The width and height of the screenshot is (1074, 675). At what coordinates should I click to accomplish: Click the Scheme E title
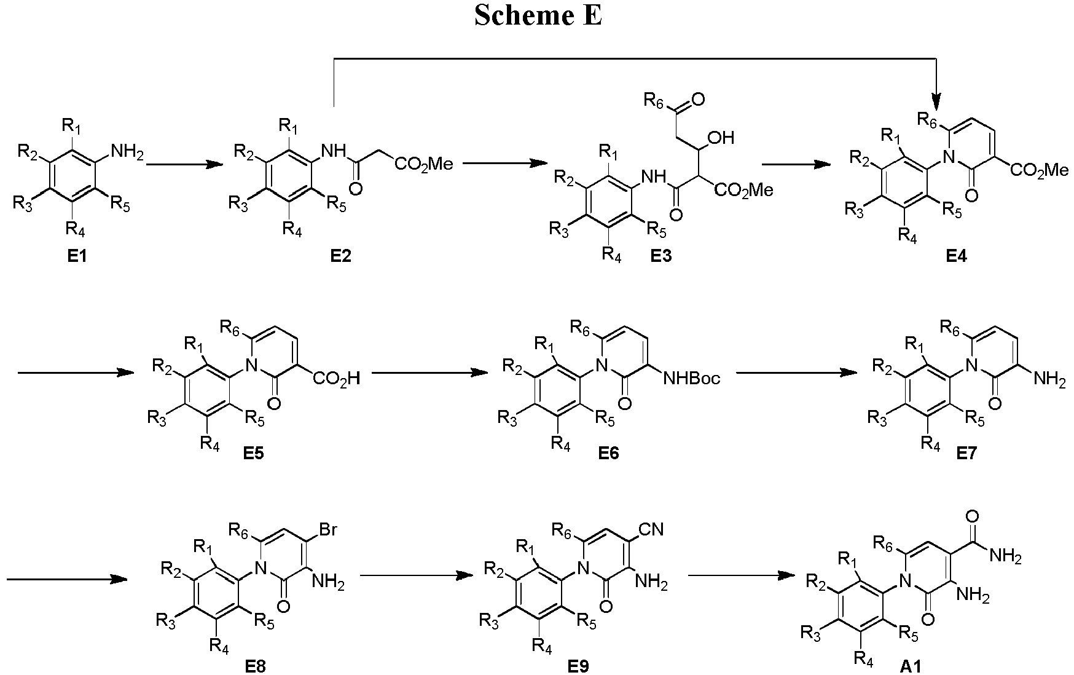(x=538, y=16)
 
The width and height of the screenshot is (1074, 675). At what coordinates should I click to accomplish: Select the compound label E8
(x=255, y=665)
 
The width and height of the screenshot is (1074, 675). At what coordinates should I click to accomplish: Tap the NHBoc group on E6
(x=691, y=377)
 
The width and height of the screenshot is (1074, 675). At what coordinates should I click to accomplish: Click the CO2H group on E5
(x=336, y=377)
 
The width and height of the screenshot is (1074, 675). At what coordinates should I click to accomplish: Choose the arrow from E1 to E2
(x=184, y=165)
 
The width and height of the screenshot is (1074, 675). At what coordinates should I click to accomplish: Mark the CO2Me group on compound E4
(x=1040, y=170)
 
